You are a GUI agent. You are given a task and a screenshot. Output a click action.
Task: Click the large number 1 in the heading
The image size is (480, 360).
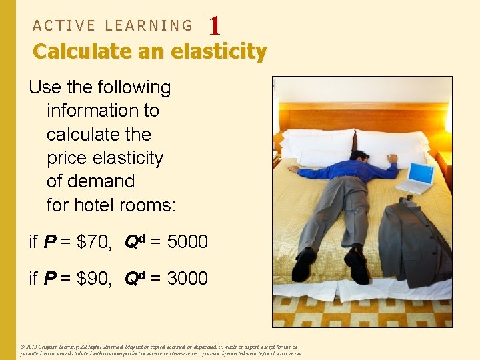point(214,26)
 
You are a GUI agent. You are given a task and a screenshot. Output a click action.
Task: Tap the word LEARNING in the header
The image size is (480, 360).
point(149,26)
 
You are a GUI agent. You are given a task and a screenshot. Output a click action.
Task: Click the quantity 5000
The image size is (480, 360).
point(187,242)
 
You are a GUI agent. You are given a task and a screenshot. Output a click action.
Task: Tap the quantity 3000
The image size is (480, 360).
point(187,278)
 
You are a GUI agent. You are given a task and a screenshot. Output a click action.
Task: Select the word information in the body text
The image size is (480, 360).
point(103,111)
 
